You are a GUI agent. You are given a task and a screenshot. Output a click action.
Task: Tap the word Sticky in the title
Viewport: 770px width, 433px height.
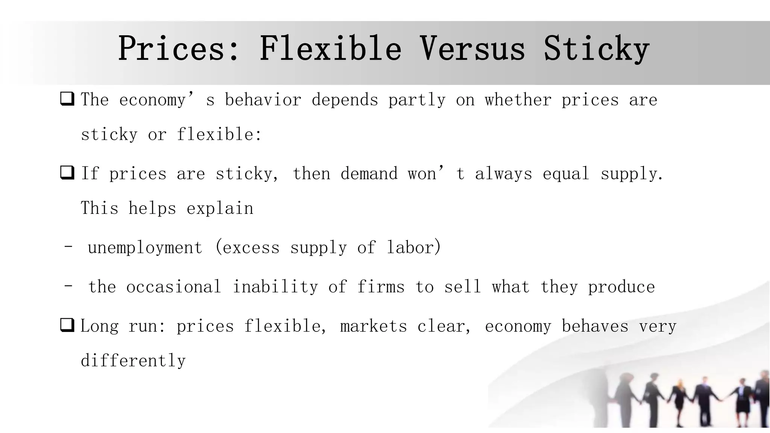(x=596, y=49)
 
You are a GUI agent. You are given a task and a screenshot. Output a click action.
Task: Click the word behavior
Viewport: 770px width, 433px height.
(x=263, y=100)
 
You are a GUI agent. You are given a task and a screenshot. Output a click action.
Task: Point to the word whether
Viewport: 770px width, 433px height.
(x=518, y=100)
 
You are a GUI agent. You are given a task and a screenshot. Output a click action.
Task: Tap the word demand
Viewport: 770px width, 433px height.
(x=369, y=174)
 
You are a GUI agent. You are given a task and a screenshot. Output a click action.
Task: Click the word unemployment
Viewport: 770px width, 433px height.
(x=145, y=248)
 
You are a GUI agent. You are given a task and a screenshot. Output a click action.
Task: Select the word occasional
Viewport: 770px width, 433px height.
(x=174, y=287)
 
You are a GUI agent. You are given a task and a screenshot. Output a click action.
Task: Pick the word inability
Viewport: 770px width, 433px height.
(x=275, y=287)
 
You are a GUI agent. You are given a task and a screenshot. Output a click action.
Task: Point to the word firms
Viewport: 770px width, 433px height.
(x=380, y=287)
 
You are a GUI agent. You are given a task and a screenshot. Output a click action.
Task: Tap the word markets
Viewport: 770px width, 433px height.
(x=373, y=326)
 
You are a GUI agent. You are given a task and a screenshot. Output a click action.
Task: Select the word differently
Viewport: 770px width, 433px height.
(x=133, y=361)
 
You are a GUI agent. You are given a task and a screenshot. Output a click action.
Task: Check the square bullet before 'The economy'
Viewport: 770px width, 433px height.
(x=67, y=99)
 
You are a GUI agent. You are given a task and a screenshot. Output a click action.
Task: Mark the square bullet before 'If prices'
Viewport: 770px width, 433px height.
(x=67, y=173)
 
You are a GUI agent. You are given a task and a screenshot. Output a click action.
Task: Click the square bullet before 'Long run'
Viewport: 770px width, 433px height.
(x=67, y=325)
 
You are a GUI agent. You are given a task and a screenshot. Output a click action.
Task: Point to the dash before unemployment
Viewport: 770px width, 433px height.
(x=68, y=247)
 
